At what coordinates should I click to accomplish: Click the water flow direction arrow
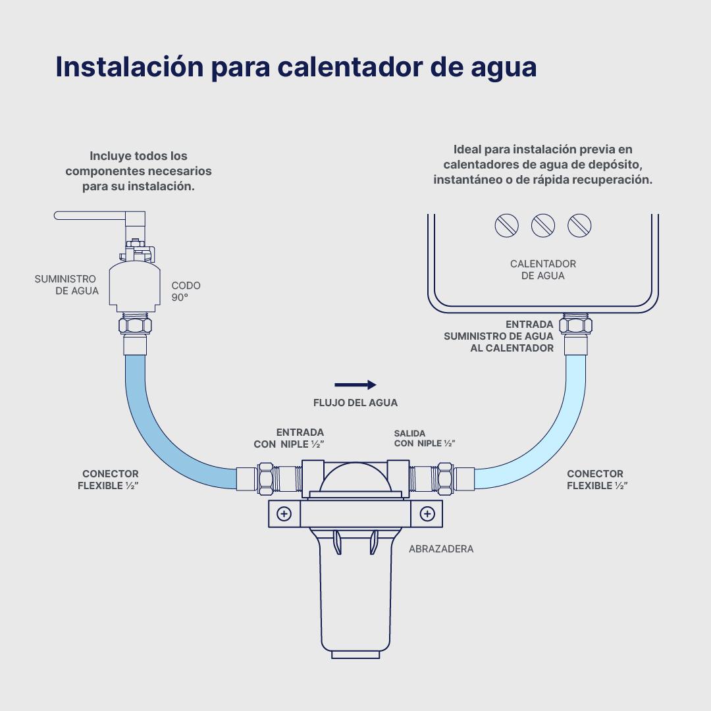[355, 385]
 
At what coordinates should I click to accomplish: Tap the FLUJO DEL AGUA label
[355, 403]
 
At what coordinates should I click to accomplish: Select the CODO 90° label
[186, 291]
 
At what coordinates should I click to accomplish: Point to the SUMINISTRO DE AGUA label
[66, 285]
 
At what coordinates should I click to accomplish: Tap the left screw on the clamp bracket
[284, 513]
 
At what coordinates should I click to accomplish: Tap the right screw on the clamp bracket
[427, 513]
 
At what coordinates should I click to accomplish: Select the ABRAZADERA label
[441, 548]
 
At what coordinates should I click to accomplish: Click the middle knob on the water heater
[542, 225]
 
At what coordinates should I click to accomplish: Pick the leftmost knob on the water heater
[506, 225]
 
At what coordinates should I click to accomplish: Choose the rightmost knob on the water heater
[579, 225]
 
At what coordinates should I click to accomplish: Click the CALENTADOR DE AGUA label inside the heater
[542, 270]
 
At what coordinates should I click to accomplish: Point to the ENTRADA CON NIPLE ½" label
[289, 438]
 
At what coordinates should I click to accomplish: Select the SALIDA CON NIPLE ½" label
[425, 438]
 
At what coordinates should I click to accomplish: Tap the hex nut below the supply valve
[135, 326]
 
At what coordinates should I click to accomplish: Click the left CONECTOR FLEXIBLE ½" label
[108, 480]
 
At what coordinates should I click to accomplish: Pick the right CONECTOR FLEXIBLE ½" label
[597, 480]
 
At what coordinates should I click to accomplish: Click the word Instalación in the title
[130, 66]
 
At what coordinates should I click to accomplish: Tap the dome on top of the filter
[355, 477]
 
